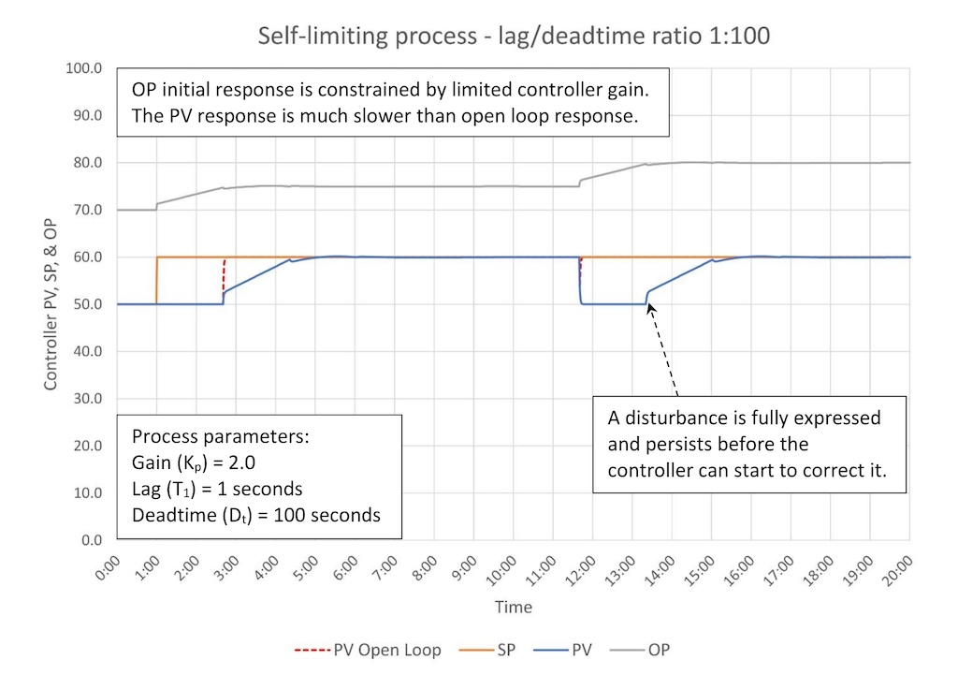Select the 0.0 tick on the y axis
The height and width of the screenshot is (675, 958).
tap(91, 540)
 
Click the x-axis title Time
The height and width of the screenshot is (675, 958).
tap(514, 607)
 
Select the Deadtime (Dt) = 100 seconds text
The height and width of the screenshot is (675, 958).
tap(256, 515)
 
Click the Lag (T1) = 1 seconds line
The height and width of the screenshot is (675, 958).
tap(218, 490)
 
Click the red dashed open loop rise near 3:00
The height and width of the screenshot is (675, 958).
tap(224, 276)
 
